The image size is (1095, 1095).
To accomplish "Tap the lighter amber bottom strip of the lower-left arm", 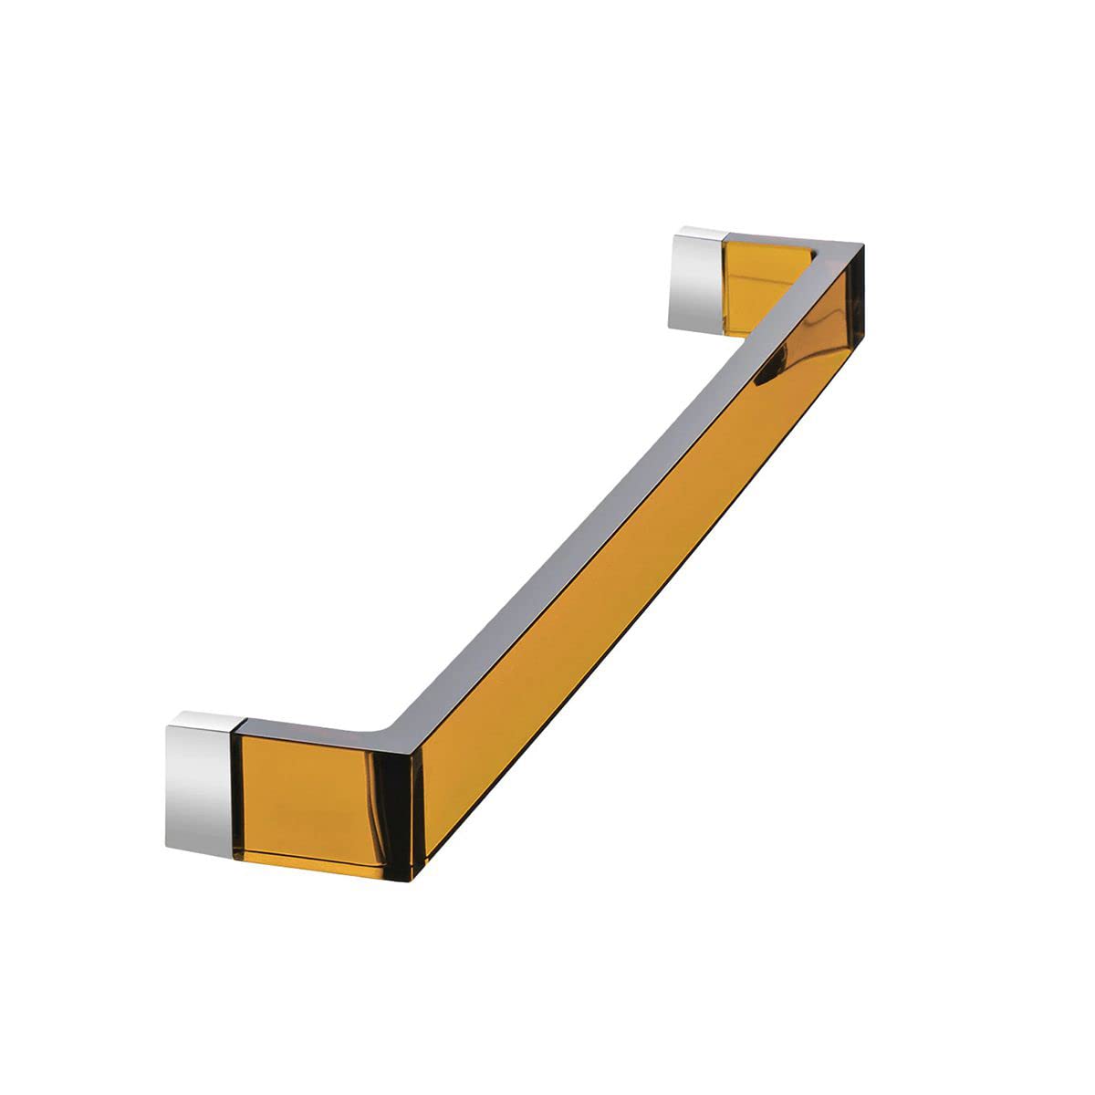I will coord(319,862).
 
